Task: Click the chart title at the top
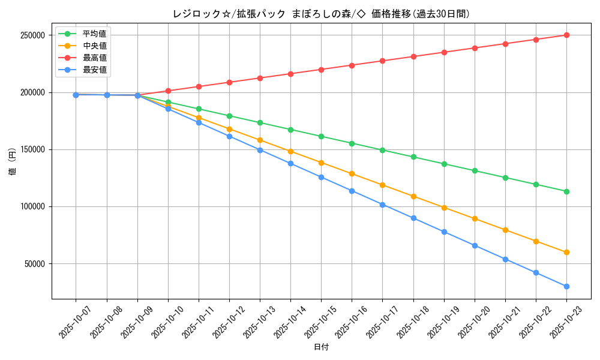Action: coord(321,14)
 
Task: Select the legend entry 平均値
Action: coord(94,34)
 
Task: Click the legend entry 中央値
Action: coord(94,46)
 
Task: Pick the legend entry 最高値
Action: coord(94,58)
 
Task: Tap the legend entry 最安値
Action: coord(94,70)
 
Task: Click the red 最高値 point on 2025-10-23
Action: coord(566,35)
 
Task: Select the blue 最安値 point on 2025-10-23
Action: coord(566,286)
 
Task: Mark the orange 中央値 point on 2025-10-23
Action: coord(566,252)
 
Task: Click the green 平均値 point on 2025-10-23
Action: coord(566,191)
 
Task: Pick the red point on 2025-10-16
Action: coord(352,65)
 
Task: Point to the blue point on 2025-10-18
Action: coord(413,218)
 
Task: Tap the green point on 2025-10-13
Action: coord(260,122)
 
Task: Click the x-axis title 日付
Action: coord(321,347)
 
